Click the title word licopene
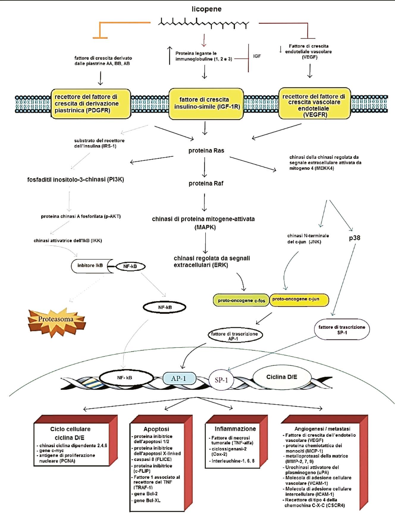click(206, 9)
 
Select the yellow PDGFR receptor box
click(91, 104)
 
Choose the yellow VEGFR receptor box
click(314, 103)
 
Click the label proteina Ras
click(206, 151)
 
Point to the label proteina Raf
click(206, 184)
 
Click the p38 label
click(355, 238)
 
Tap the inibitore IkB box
click(90, 266)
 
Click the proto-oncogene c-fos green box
click(241, 301)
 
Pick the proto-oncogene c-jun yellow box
click(298, 299)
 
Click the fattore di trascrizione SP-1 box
click(341, 330)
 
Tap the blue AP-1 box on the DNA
click(179, 378)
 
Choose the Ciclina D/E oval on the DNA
click(281, 377)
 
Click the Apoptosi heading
click(156, 429)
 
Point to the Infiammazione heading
click(235, 429)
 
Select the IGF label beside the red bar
click(257, 56)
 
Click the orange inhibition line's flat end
click(100, 38)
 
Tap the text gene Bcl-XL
click(147, 501)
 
